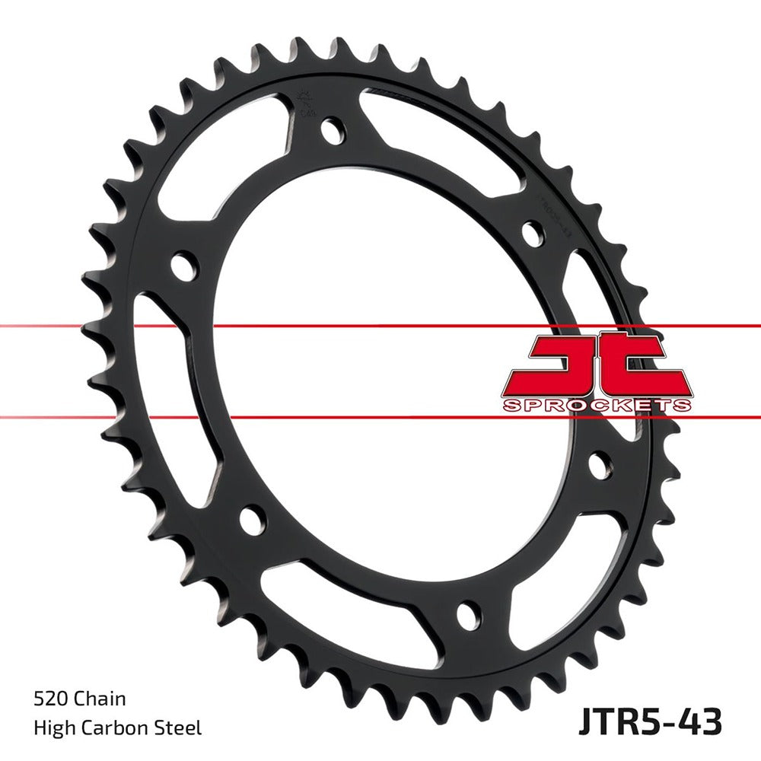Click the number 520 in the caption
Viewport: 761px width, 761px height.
click(x=49, y=699)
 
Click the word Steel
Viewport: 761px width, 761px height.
click(x=180, y=728)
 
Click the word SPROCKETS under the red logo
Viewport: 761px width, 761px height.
click(x=597, y=404)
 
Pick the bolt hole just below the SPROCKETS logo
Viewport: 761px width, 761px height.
click(x=600, y=464)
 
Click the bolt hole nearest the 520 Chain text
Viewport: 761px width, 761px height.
click(x=252, y=519)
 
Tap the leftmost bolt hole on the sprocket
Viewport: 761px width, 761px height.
click(x=183, y=267)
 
